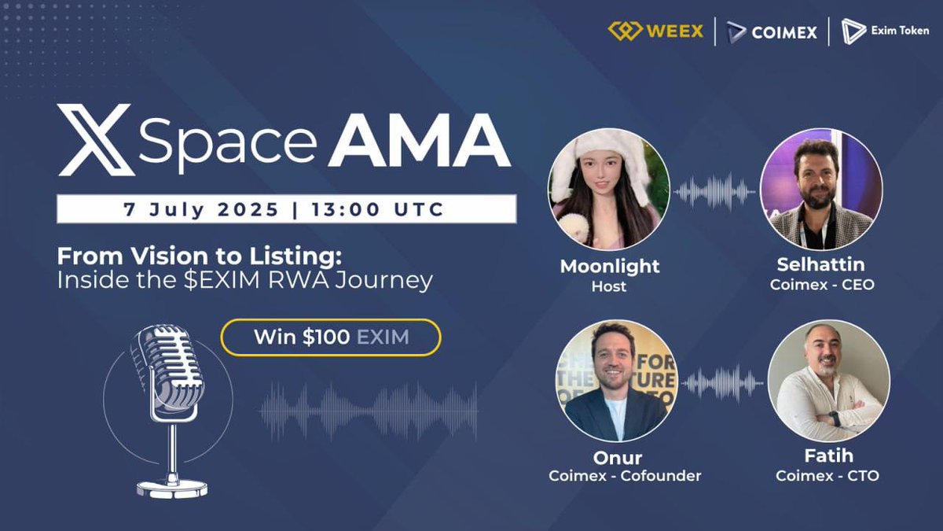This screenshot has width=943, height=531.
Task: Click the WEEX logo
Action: click(x=655, y=32)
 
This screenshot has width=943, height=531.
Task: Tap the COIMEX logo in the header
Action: click(x=772, y=32)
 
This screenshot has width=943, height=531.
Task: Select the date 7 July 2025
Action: click(x=201, y=209)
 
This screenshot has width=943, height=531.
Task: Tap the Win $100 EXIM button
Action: click(x=331, y=337)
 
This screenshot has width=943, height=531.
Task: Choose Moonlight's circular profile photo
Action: click(x=608, y=190)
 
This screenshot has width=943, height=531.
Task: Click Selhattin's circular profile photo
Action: click(x=821, y=190)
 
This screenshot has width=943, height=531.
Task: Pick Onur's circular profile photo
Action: click(x=616, y=382)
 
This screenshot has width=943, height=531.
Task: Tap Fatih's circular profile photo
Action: click(x=828, y=382)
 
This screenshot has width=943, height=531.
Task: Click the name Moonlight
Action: click(x=609, y=266)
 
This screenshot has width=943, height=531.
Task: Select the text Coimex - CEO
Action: click(x=822, y=285)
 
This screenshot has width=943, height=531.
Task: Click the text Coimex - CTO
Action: click(x=827, y=476)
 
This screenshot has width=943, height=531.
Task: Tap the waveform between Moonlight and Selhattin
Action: click(x=714, y=191)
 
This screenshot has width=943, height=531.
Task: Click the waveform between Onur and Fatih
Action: click(x=722, y=383)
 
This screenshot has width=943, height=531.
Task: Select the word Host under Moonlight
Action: click(x=609, y=286)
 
